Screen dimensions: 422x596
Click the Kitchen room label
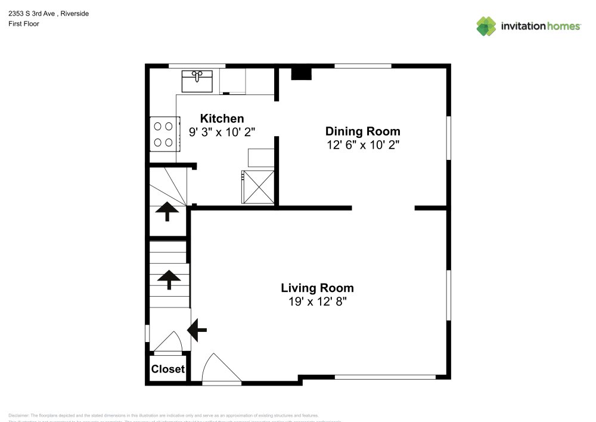point(222,118)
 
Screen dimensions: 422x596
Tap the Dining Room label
point(362,131)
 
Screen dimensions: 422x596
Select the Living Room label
point(317,288)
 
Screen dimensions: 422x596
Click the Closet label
point(167,369)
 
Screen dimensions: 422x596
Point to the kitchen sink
point(197,80)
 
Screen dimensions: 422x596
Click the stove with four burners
point(163,134)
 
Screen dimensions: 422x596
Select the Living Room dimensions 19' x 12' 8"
point(317,302)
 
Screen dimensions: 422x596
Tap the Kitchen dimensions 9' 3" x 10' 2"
point(222,133)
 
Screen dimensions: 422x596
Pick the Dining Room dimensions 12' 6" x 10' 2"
point(362,144)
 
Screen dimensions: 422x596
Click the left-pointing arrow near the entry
point(197,328)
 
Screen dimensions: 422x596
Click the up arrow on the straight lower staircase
point(169,279)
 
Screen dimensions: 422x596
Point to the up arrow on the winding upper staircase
point(167,211)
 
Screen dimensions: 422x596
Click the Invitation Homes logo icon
point(486,26)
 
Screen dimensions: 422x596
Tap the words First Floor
point(24,24)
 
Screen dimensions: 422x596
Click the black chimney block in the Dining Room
point(301,73)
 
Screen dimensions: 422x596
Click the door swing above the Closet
point(170,342)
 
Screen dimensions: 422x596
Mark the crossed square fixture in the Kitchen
point(257,186)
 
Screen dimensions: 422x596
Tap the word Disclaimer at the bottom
point(18,415)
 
